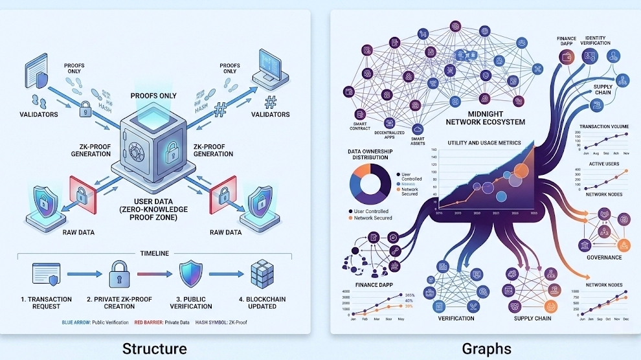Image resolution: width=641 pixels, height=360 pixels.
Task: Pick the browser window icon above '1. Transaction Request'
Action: [x=45, y=275]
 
